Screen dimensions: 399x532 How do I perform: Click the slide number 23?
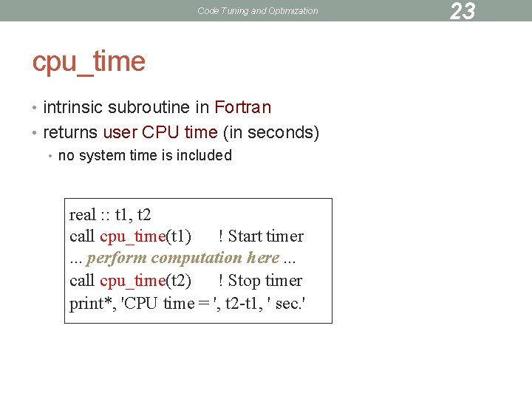[x=462, y=11]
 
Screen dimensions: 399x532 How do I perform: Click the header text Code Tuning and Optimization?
[x=258, y=11]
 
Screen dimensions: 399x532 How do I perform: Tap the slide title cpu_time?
[x=89, y=61]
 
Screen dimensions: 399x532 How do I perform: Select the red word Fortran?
[x=242, y=108]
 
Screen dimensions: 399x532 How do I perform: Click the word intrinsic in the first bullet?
[x=73, y=108]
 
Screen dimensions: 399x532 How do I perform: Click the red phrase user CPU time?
[x=160, y=133]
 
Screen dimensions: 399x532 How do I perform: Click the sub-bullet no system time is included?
[x=145, y=155]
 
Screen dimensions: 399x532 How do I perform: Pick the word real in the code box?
[x=82, y=215]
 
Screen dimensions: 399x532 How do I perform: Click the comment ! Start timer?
[x=261, y=236]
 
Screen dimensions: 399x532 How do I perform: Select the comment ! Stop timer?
[x=260, y=281]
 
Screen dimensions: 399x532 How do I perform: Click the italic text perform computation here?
[x=183, y=258]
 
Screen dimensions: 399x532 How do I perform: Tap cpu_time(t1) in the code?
[x=146, y=236]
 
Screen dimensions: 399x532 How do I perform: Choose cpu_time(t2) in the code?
[x=146, y=281]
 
